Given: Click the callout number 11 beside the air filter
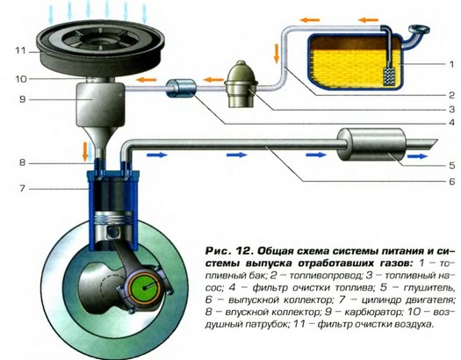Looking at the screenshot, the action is click(20, 51).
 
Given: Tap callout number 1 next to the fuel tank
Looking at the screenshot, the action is click(452, 64).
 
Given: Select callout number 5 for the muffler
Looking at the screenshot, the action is click(452, 165).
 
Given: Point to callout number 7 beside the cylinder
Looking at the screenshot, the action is click(22, 189).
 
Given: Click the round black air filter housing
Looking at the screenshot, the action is click(100, 47).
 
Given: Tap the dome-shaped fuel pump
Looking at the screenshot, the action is click(241, 84).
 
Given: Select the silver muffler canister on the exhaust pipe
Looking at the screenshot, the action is click(371, 145).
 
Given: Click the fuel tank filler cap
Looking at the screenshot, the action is click(419, 30).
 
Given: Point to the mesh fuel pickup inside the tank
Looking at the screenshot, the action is click(390, 76).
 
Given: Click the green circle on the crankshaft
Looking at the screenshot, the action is click(145, 288).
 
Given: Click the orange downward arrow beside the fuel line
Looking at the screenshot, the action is click(277, 54).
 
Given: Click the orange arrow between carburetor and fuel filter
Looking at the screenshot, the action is click(146, 80).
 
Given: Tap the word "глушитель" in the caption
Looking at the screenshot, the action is click(429, 288).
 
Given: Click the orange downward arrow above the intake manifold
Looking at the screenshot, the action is click(85, 151).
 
